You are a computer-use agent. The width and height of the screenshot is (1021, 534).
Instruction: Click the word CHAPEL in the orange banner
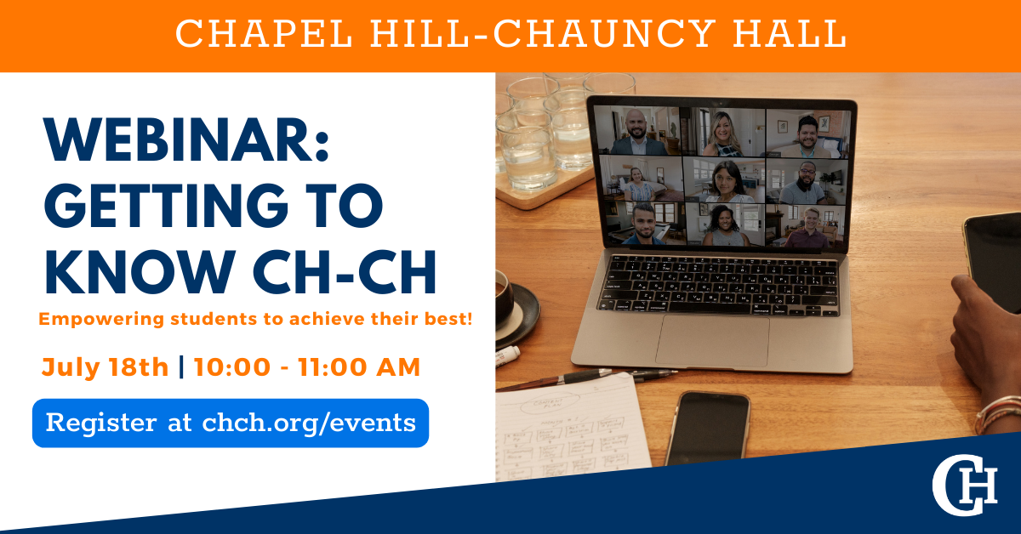coord(264,33)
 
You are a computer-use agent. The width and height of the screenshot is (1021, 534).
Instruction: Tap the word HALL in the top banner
coord(790,33)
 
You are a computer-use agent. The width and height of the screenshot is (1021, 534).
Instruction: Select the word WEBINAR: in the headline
coord(186,139)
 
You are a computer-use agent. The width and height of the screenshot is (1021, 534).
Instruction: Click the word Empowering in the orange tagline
coord(101,319)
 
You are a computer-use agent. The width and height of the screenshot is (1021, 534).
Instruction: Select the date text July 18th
coord(105,367)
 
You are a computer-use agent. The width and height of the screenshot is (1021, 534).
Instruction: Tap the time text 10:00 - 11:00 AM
coord(307,367)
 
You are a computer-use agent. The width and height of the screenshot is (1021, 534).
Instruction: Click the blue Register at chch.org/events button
coord(231,423)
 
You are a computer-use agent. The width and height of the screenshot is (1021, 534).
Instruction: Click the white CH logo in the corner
coord(964,485)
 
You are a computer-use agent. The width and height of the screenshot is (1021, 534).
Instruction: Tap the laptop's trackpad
coord(712,341)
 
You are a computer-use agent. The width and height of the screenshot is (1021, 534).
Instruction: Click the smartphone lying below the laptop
coord(707,429)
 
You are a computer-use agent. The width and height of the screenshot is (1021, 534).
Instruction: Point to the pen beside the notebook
coord(588,379)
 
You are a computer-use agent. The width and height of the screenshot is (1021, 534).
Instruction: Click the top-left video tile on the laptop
coord(642,132)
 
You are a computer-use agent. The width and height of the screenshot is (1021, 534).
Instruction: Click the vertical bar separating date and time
coord(181,367)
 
